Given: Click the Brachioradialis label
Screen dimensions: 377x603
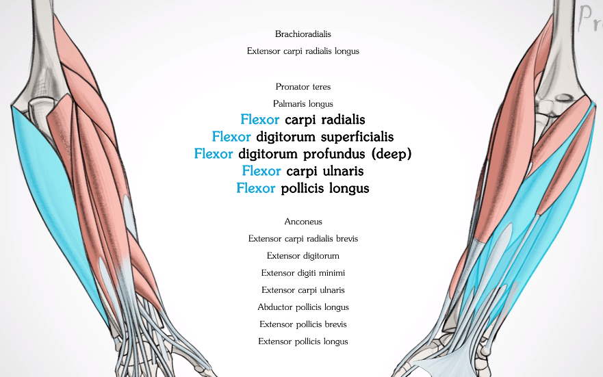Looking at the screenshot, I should (x=303, y=34).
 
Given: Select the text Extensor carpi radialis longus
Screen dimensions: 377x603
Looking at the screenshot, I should (x=303, y=51).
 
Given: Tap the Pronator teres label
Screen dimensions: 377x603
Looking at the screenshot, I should (x=303, y=87).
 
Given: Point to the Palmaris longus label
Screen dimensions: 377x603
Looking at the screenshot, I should (x=303, y=104).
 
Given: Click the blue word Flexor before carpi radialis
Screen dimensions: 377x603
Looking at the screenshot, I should (x=260, y=120).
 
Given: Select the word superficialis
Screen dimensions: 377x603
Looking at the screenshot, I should (x=357, y=137).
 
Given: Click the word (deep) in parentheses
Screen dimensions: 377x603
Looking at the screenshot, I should (x=392, y=154).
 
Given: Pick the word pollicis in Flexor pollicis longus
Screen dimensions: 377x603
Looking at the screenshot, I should (x=302, y=188).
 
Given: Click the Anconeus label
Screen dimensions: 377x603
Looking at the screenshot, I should (x=303, y=222).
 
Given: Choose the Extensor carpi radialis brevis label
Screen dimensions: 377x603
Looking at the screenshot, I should (x=303, y=239).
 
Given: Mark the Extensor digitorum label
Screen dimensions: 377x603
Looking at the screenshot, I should (x=303, y=256).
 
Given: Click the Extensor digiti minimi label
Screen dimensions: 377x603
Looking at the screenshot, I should (x=303, y=273).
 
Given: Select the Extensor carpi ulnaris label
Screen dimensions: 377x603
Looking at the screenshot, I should (x=303, y=290).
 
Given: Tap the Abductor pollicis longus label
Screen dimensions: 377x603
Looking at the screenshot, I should (x=303, y=307).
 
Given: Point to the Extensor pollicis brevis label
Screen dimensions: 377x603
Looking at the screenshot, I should (x=303, y=324).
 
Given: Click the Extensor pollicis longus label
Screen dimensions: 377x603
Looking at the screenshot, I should (x=303, y=341).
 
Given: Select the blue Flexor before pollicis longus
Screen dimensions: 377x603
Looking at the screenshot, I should (x=256, y=188).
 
